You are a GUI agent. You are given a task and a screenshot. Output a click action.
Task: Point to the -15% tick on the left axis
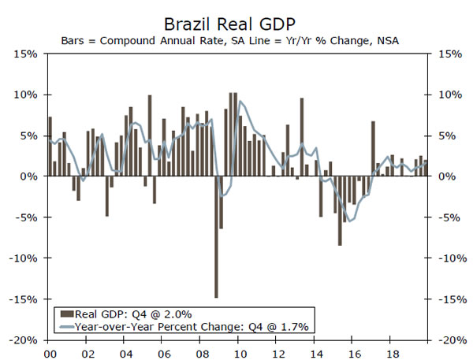24,299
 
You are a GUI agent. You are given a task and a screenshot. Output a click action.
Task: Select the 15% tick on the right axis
443,54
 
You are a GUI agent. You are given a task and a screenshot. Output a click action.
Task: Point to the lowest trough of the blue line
348,221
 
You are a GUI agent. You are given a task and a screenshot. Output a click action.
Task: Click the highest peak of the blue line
240,102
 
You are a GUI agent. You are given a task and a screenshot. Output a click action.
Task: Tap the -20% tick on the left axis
24,340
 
